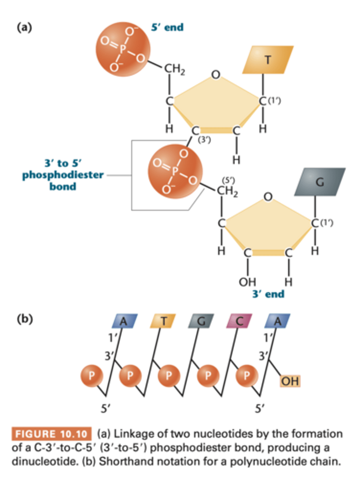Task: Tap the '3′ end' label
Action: pyautogui.click(x=268, y=294)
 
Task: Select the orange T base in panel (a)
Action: pyautogui.click(x=267, y=59)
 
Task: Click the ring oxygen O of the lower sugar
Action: pyautogui.click(x=268, y=196)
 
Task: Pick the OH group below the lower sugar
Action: pyautogui.click(x=247, y=282)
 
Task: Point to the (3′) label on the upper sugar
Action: pyautogui.click(x=204, y=140)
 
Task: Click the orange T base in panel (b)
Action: pyautogui.click(x=162, y=320)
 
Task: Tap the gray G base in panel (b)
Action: pyautogui.click(x=200, y=320)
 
